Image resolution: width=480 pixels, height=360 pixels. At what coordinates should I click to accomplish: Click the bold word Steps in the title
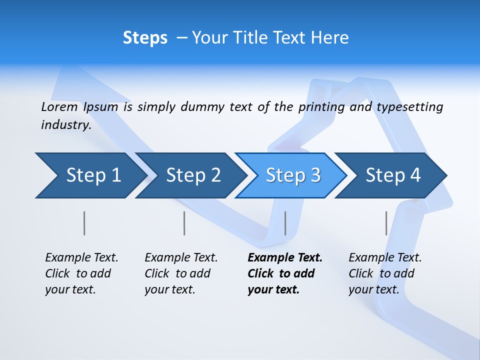(145, 38)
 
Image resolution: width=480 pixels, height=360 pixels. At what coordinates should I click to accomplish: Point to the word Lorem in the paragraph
(59, 107)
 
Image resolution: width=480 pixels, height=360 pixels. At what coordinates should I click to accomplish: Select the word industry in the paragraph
(65, 125)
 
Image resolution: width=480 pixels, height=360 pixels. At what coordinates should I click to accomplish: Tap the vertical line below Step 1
(84, 223)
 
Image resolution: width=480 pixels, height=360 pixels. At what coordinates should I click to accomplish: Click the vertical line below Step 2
(184, 223)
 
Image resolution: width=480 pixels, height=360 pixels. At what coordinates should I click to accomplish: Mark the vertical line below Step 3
(285, 223)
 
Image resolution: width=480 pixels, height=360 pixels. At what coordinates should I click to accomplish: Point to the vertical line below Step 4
(386, 223)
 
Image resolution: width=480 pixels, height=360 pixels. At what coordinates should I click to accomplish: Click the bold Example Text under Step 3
(285, 258)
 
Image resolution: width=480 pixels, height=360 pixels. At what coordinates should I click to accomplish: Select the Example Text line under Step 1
(81, 258)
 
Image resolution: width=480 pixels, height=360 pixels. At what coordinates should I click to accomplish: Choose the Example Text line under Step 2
(181, 258)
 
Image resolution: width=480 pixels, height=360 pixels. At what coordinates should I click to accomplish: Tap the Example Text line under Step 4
(385, 258)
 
